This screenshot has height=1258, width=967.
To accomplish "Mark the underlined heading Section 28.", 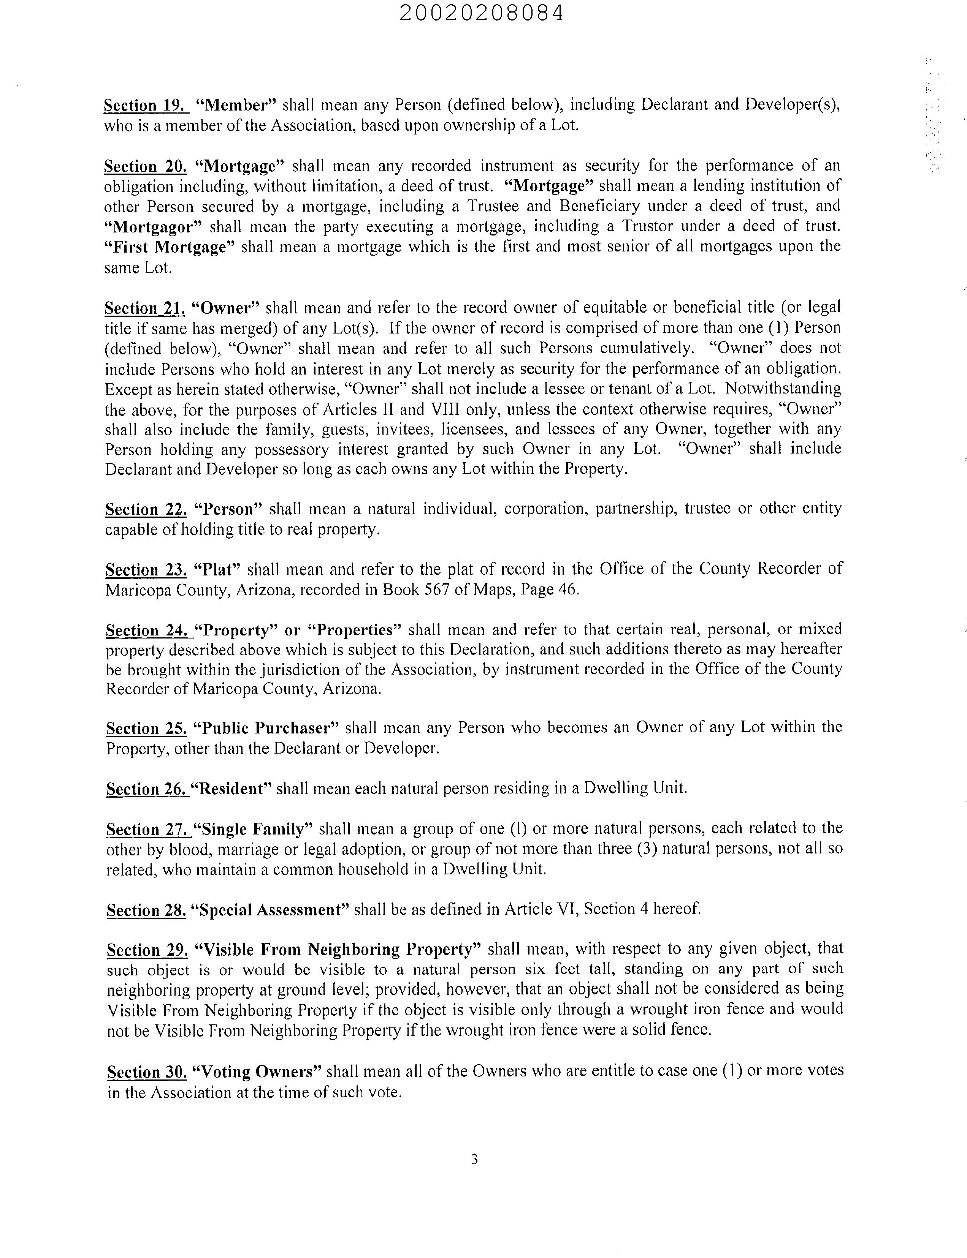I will pos(146,910).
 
